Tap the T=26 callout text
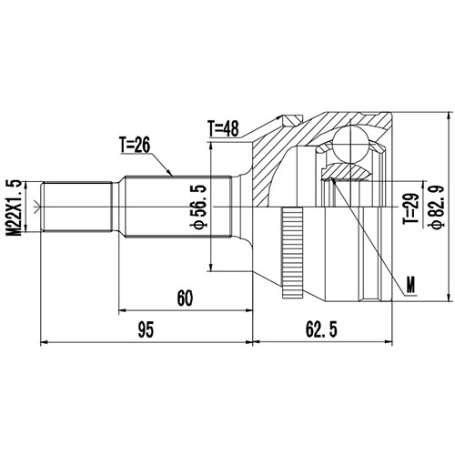click(139, 144)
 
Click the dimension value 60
click(186, 298)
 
